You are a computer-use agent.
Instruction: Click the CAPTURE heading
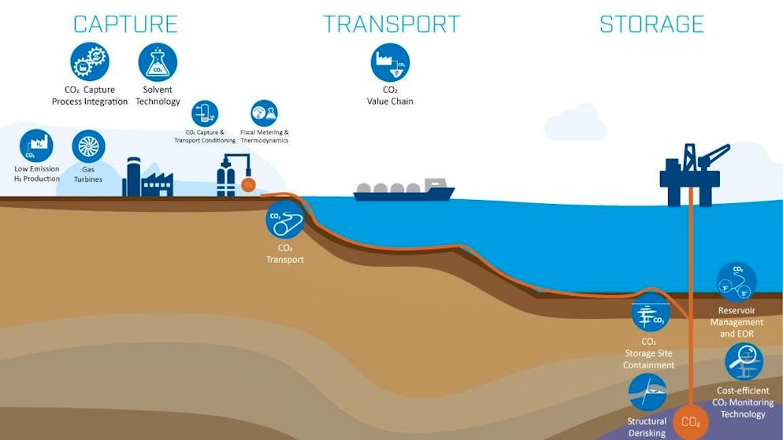click(127, 24)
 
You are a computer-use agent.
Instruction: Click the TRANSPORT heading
click(391, 24)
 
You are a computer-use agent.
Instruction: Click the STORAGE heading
click(651, 24)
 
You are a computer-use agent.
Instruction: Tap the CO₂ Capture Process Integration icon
click(89, 62)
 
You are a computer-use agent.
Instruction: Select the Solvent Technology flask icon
click(158, 62)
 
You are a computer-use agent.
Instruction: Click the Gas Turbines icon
click(88, 146)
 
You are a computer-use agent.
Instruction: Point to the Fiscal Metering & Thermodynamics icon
click(264, 113)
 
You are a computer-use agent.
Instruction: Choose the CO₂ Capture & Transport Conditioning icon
click(205, 113)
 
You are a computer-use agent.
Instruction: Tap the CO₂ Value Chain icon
click(390, 63)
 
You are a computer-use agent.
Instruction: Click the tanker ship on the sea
click(404, 190)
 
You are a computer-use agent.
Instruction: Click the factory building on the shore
click(147, 179)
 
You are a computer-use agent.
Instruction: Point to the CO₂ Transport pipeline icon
click(284, 219)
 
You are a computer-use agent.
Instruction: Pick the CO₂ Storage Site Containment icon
click(650, 313)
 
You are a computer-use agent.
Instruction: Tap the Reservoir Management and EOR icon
click(737, 282)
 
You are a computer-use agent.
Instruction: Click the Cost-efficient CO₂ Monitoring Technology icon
click(744, 362)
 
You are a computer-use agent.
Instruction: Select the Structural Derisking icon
click(648, 392)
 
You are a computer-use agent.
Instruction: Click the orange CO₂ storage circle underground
click(691, 422)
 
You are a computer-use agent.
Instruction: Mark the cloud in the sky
click(575, 124)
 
